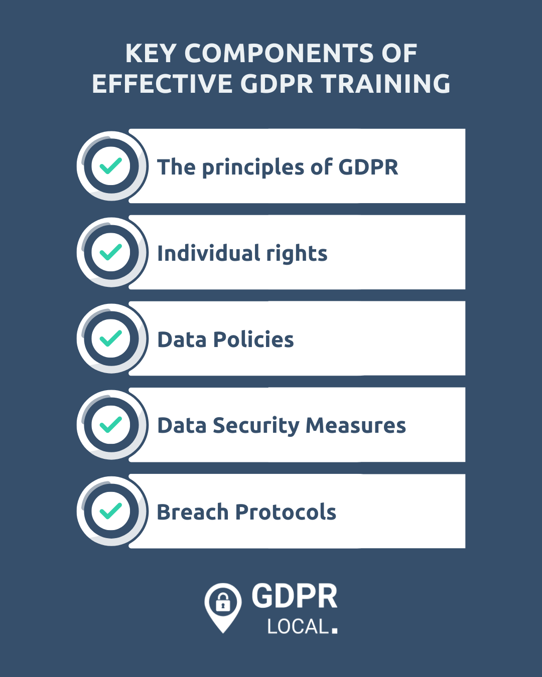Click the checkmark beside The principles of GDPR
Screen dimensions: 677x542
[x=111, y=166]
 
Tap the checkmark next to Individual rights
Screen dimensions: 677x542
[x=111, y=252]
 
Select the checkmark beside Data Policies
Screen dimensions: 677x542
[x=111, y=339]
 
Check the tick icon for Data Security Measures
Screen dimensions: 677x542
[x=111, y=425]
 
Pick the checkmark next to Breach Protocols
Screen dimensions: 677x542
[x=111, y=511]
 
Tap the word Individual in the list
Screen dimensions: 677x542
[x=208, y=253]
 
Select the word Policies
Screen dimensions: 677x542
[x=253, y=340]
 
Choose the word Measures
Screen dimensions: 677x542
[x=355, y=426]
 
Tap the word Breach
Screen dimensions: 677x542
[x=193, y=512]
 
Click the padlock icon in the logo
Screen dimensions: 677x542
[x=223, y=602]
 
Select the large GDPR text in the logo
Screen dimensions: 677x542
[x=295, y=596]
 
